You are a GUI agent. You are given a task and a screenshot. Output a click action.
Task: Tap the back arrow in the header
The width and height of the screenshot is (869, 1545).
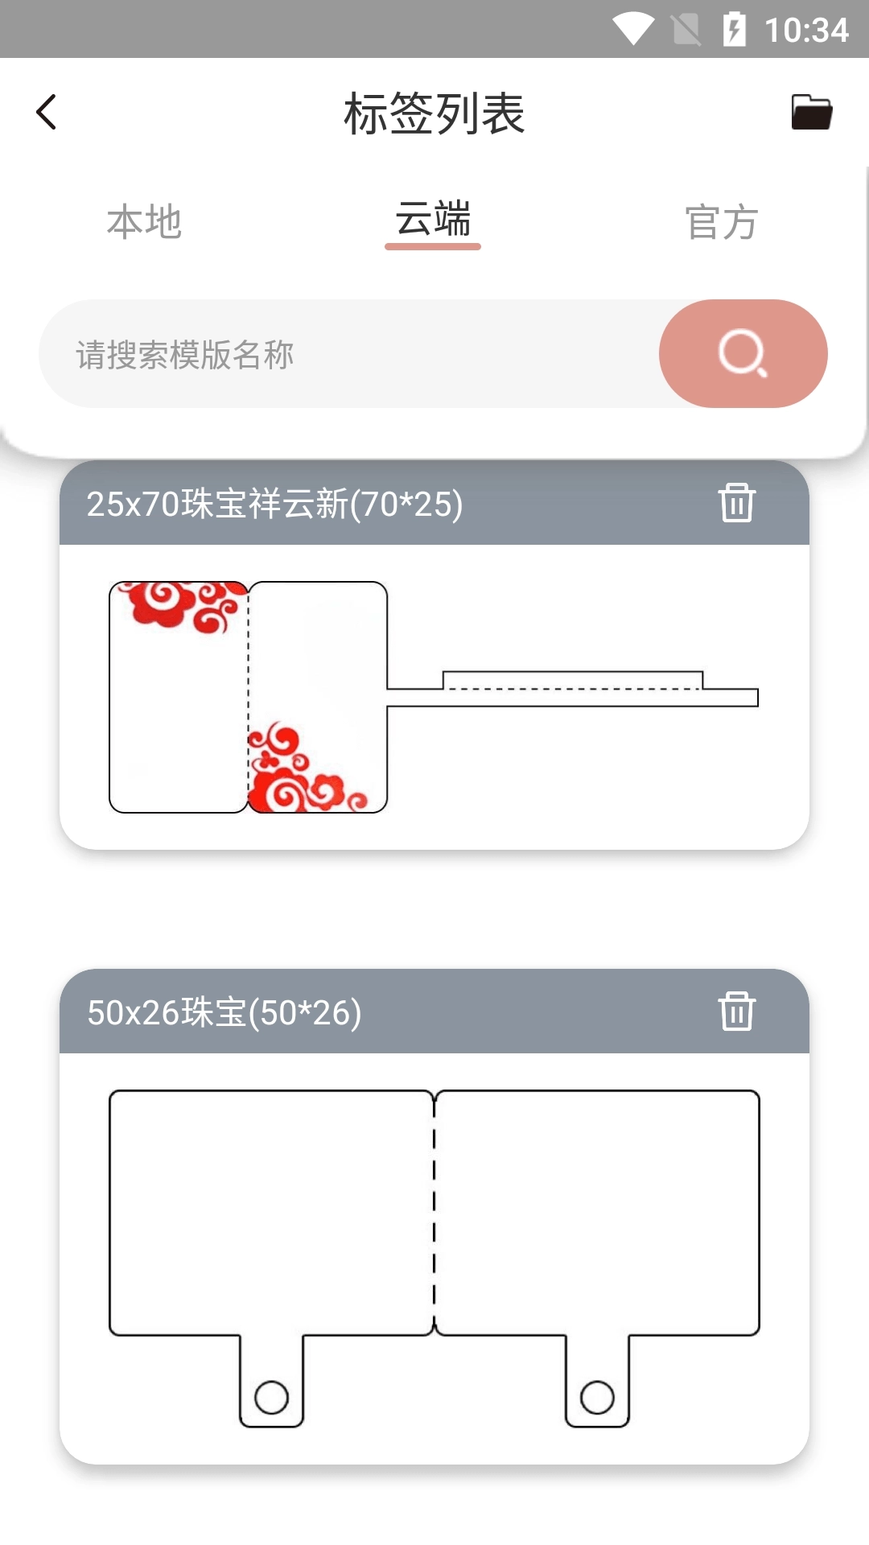[x=47, y=112]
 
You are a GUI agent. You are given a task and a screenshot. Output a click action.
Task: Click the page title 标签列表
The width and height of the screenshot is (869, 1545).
[x=434, y=113]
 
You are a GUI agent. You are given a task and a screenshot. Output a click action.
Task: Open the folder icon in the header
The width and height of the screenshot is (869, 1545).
[x=811, y=112]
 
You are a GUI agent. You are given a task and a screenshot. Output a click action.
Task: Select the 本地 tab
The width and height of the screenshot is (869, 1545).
[x=145, y=222]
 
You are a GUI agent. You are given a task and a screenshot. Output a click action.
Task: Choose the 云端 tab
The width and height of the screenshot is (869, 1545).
[x=433, y=220]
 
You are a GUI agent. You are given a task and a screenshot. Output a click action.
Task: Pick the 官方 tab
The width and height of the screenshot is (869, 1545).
[x=721, y=222]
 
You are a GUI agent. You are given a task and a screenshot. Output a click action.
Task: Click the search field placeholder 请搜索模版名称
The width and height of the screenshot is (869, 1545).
[x=185, y=355]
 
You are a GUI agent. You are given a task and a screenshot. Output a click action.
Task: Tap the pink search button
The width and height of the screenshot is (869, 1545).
[x=743, y=353]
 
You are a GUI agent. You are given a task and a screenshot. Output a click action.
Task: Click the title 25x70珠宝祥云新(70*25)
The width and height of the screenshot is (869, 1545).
[x=274, y=505]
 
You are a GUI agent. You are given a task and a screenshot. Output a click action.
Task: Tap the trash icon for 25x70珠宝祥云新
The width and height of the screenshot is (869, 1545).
[x=736, y=503]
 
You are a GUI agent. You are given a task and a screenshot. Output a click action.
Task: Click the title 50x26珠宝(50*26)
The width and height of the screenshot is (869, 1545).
[x=224, y=1013]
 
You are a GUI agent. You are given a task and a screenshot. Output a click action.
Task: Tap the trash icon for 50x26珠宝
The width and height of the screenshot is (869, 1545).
[x=736, y=1011]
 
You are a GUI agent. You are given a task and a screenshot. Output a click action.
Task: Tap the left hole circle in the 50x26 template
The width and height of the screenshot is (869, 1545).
[x=271, y=1398]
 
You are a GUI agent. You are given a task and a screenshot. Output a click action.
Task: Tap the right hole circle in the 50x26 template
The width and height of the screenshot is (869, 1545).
[x=597, y=1398]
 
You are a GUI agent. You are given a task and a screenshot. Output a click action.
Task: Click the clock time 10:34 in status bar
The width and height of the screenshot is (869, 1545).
[x=806, y=31]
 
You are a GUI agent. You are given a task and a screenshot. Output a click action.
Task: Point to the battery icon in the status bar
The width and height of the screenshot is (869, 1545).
[x=734, y=30]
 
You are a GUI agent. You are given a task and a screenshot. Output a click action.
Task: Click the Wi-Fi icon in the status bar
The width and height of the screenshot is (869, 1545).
[x=633, y=30]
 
